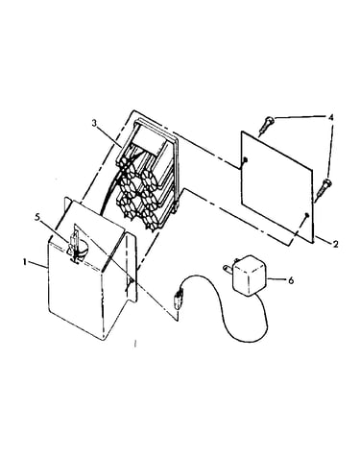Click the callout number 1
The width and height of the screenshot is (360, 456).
(24, 261)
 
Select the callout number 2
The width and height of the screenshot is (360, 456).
(335, 244)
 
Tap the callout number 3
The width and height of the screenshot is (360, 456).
(94, 123)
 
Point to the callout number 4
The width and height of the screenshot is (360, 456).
(331, 117)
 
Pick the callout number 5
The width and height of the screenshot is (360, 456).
(37, 217)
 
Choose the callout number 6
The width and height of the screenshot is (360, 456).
(291, 280)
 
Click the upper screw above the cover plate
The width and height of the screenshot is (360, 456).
(268, 126)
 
